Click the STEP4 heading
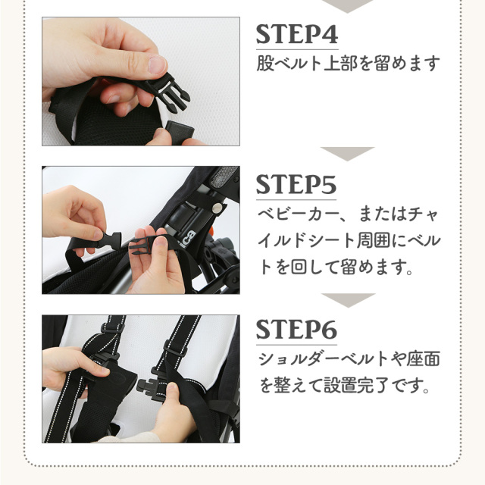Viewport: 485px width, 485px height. click(297, 34)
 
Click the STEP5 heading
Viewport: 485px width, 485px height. click(296, 185)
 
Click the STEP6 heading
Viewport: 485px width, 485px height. click(296, 330)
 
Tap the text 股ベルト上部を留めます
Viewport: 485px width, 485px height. click(349, 64)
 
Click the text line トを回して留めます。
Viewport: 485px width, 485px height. click(336, 268)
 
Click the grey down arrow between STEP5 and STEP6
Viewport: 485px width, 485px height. click(349, 300)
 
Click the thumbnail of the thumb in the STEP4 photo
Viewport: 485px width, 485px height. click(157, 64)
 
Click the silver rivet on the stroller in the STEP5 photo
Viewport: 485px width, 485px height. click(218, 208)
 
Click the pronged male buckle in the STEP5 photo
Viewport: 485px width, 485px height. click(141, 244)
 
